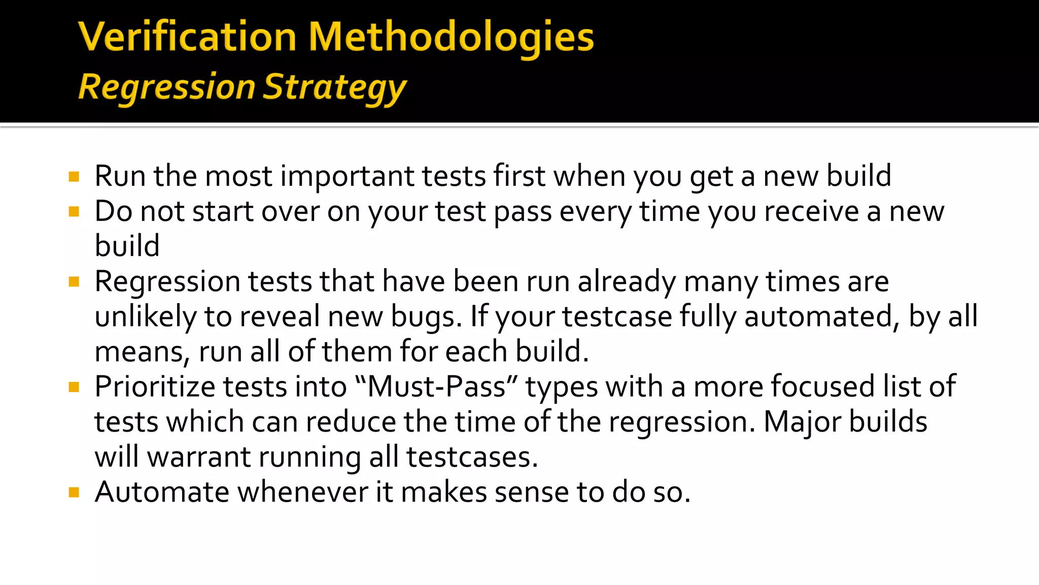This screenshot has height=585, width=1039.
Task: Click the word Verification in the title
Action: point(187,37)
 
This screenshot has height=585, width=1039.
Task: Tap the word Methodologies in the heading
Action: point(451,38)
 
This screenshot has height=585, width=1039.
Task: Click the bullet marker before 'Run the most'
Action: point(74,177)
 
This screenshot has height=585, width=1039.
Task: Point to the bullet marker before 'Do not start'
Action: point(74,211)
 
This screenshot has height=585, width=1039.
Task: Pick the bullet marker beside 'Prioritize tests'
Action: point(74,387)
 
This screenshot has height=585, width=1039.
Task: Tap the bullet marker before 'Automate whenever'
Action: point(74,492)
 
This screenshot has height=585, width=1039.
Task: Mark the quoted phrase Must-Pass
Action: point(436,387)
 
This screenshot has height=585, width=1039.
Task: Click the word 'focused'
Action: point(822,387)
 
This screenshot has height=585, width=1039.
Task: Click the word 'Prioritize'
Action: point(155,387)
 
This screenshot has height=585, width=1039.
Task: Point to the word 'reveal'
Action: point(280,317)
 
